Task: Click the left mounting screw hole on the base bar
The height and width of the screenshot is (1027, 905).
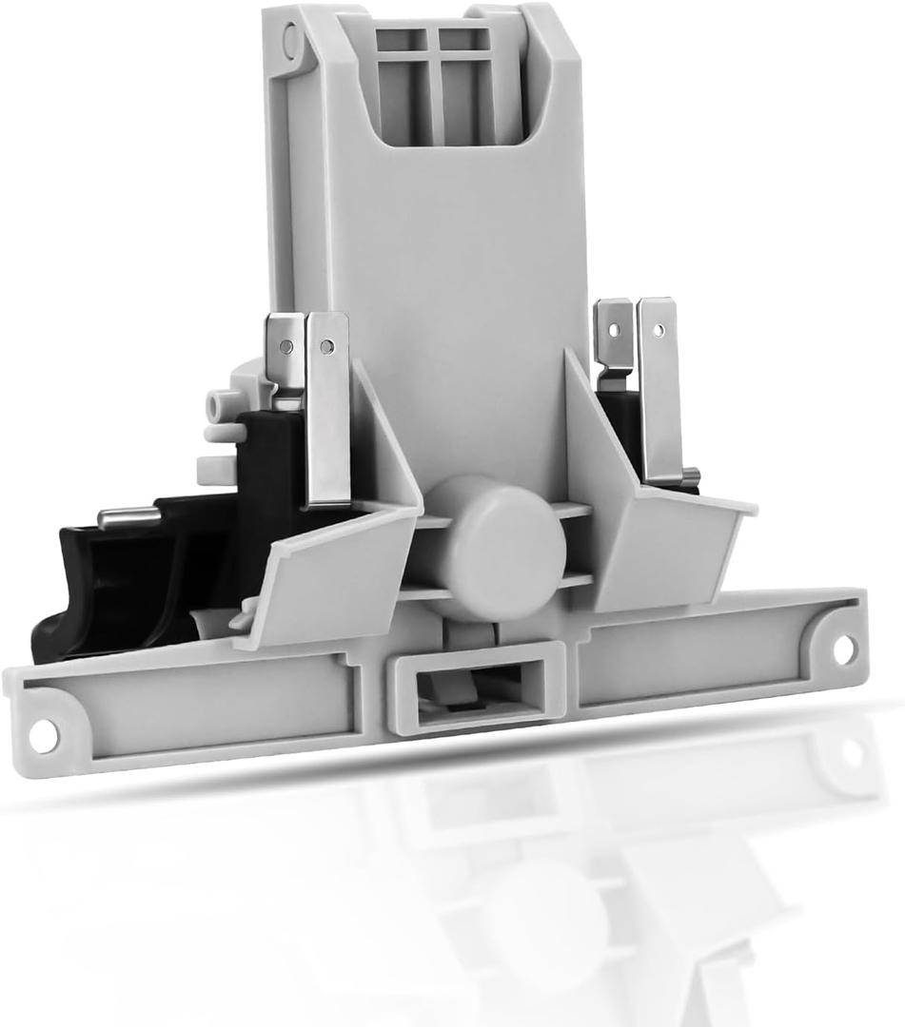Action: pos(42,735)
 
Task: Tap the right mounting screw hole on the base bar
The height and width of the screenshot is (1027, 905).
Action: pos(843,649)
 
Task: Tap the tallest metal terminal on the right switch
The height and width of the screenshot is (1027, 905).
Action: pos(658,390)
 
